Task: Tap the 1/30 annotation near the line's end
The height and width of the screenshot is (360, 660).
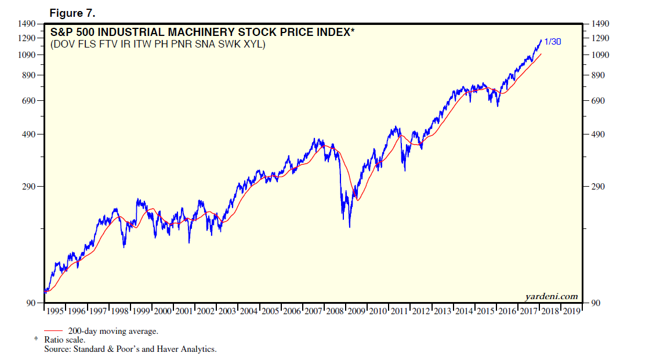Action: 552,42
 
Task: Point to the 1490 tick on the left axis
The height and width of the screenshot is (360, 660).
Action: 27,24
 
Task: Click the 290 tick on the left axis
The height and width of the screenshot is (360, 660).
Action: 30,187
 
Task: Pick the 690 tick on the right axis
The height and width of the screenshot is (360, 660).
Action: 598,101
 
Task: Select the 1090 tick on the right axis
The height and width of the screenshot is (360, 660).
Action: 600,55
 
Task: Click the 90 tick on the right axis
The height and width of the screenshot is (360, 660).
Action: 596,303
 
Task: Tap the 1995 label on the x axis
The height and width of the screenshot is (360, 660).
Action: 55,311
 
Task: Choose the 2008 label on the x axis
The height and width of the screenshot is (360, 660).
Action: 335,311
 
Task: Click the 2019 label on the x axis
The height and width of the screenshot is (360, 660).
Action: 571,311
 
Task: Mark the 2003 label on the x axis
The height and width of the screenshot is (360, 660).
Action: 227,311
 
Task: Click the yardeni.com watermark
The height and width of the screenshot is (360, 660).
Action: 551,297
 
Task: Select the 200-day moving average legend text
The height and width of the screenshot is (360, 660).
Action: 113,331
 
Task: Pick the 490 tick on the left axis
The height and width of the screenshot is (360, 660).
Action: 30,134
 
